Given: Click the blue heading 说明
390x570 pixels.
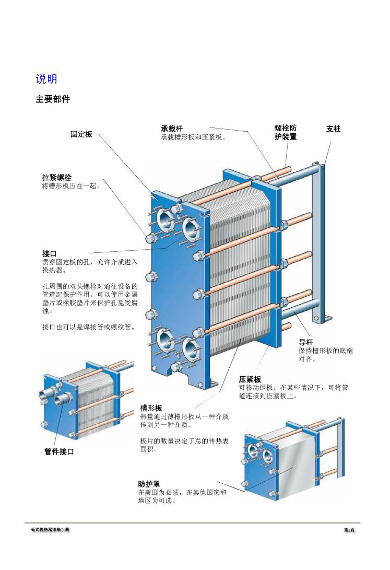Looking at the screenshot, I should click(46, 79).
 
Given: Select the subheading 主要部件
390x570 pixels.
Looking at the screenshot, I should click(52, 99).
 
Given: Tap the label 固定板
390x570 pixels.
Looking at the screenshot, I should click(81, 134).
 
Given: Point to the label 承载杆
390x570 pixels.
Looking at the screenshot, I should click(172, 129).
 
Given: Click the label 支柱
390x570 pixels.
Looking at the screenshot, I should click(333, 129).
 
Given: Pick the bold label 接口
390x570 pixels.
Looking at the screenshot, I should click(50, 253).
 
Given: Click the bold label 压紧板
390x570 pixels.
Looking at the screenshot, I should click(250, 379).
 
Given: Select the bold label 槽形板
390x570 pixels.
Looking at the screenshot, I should click(151, 408).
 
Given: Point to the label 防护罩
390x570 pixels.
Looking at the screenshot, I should click(148, 484).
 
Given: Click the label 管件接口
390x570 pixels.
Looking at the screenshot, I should click(58, 452).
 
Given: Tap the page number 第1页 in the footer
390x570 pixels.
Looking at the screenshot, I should click(349, 530).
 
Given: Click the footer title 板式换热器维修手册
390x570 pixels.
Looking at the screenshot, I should click(50, 530).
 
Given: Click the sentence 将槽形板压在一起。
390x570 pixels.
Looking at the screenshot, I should click(70, 185).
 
